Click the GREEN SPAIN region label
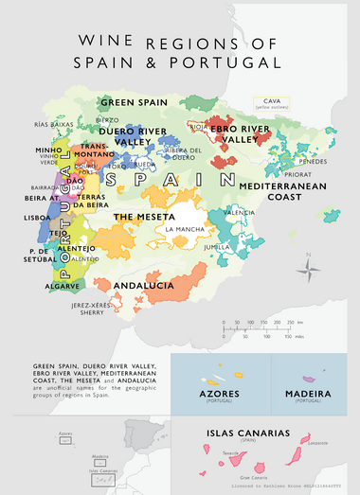134,102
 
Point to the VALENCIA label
239,213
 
